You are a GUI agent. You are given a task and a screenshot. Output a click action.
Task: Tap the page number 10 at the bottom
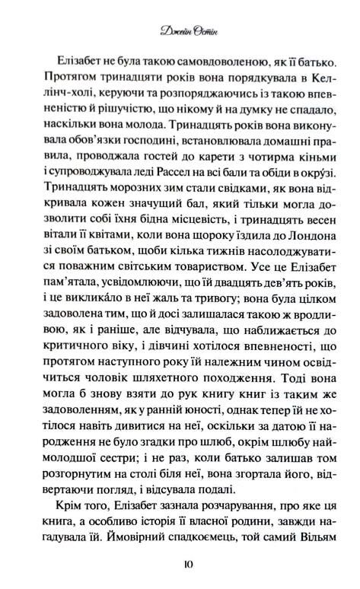(x=180, y=564)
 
